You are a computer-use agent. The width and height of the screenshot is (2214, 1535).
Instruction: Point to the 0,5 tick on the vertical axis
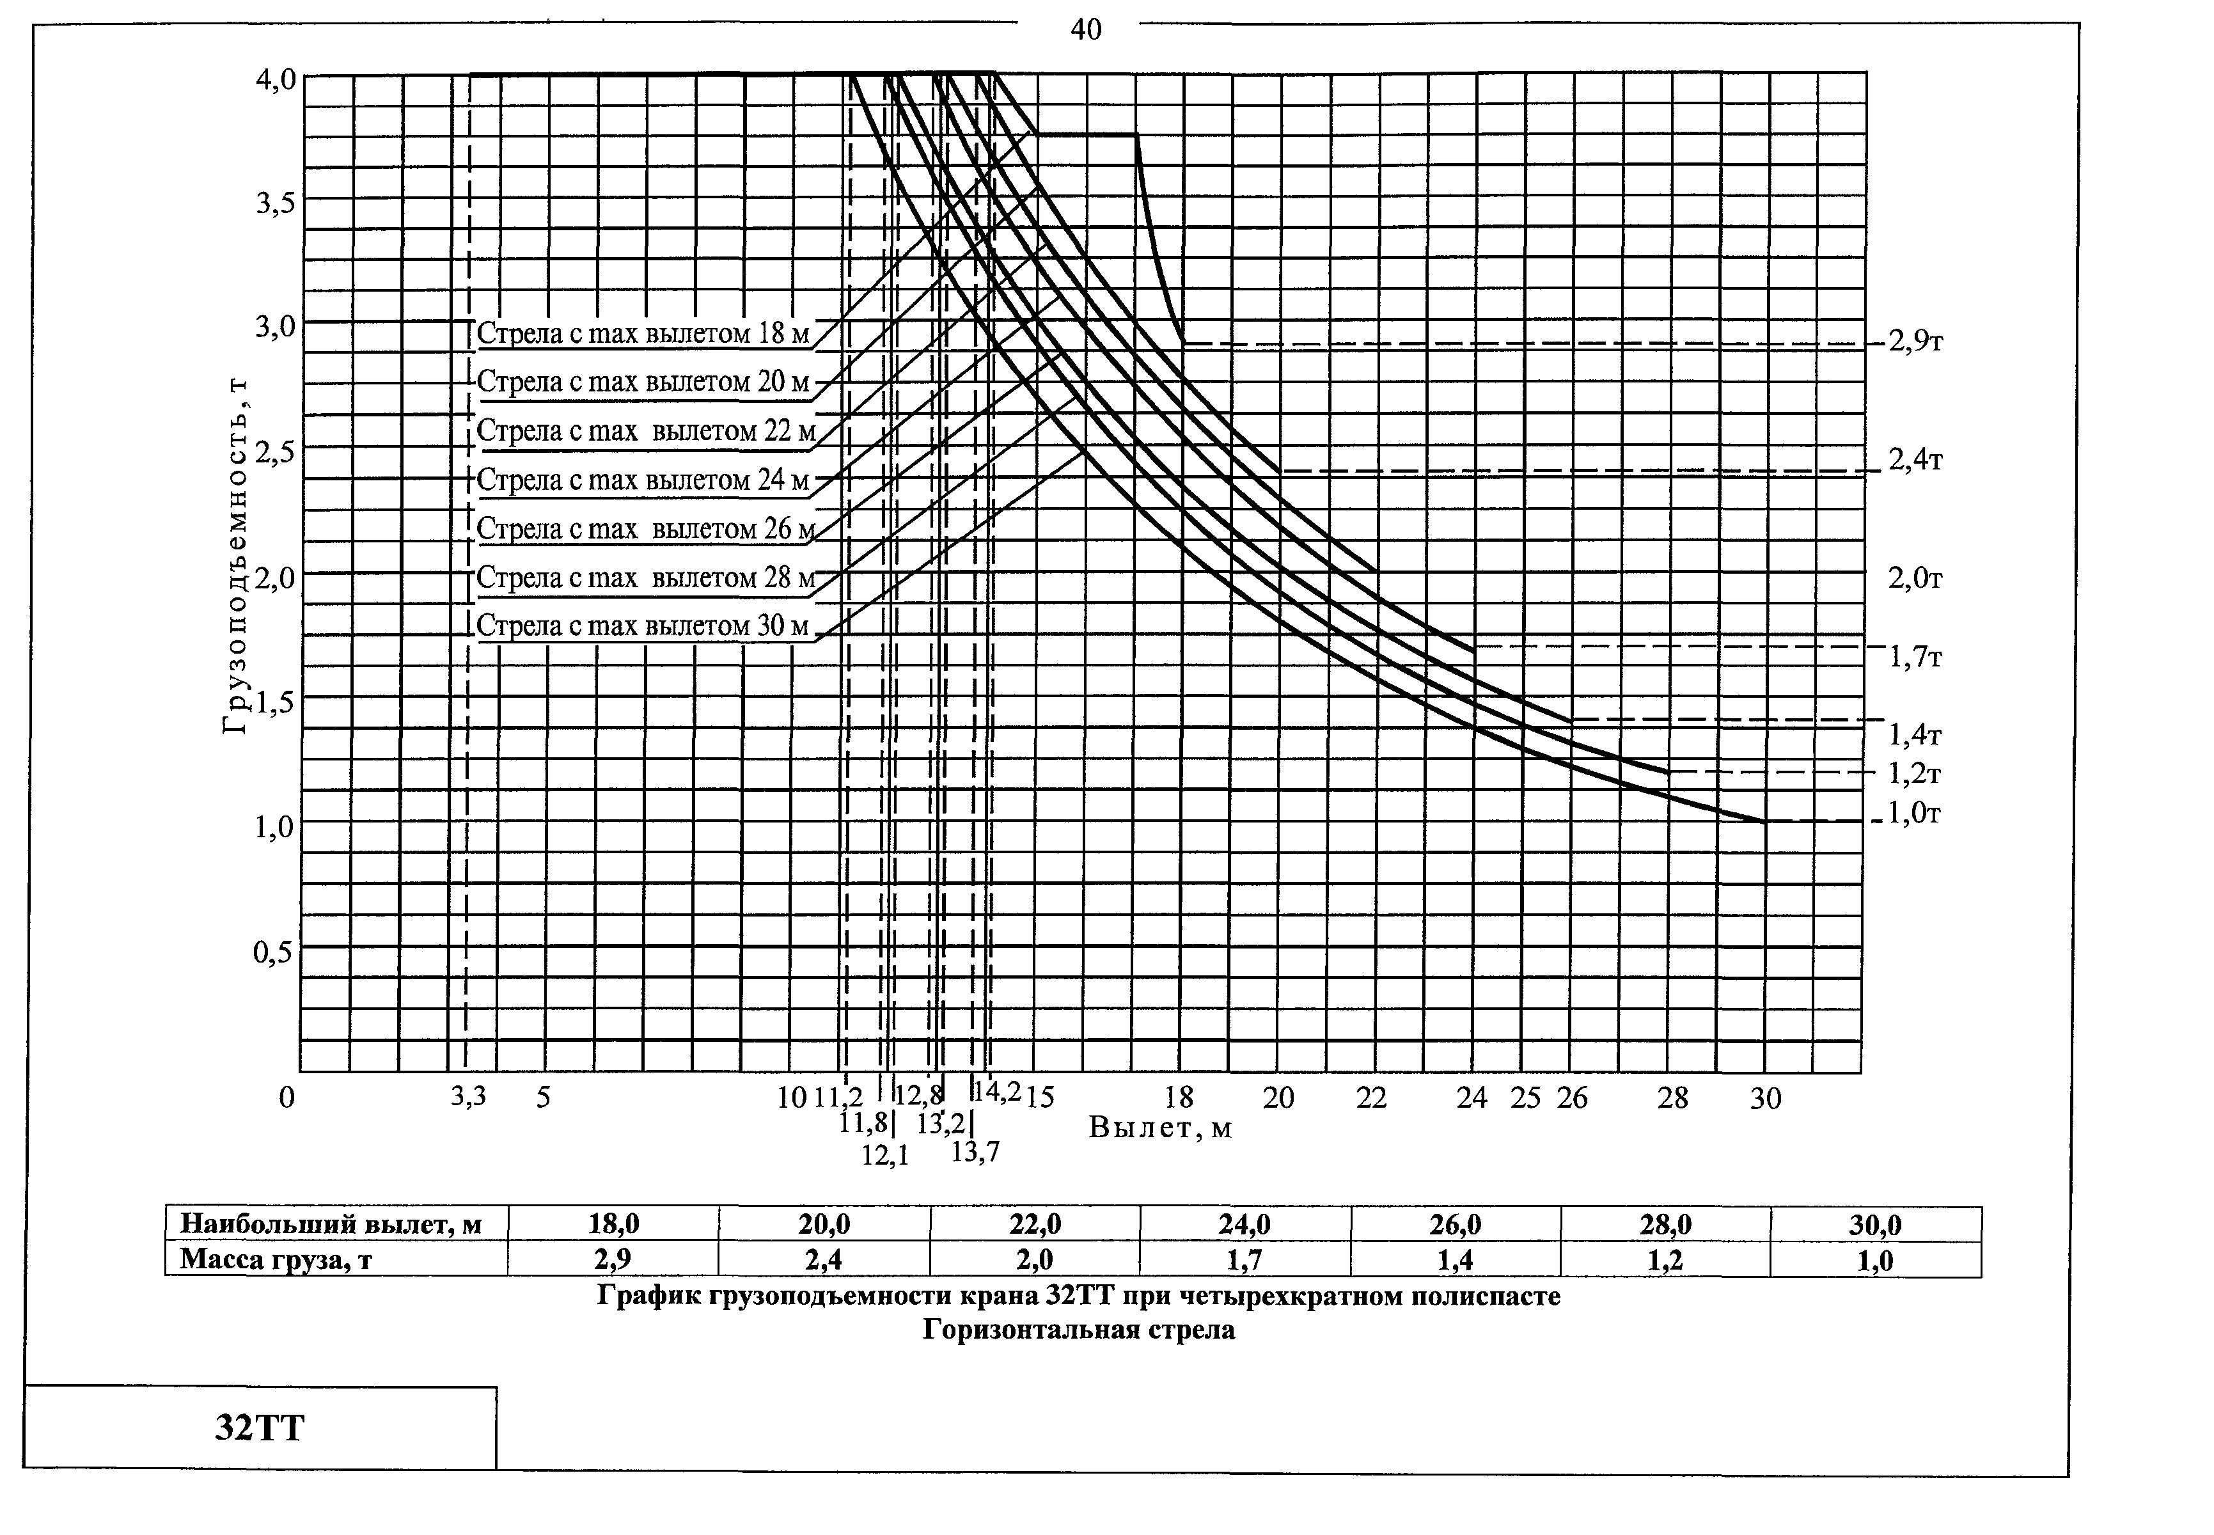pyautogui.click(x=274, y=952)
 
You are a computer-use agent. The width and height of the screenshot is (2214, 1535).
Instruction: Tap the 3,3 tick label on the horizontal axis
pyautogui.click(x=468, y=1096)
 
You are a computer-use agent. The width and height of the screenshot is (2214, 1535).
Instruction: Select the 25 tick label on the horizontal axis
pyautogui.click(x=1525, y=1098)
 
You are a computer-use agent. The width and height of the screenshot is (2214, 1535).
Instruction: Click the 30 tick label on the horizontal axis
pyautogui.click(x=1766, y=1098)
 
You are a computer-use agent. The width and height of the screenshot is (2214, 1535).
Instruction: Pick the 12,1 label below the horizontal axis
pyautogui.click(x=885, y=1155)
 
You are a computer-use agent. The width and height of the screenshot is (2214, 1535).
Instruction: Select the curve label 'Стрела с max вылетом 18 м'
pyautogui.click(x=643, y=334)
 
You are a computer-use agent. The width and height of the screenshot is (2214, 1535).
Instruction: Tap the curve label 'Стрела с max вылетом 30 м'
pyautogui.click(x=643, y=626)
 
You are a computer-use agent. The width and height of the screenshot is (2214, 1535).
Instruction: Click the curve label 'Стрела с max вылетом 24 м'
pyautogui.click(x=643, y=479)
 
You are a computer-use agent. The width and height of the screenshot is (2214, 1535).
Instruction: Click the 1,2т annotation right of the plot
pyautogui.click(x=1915, y=773)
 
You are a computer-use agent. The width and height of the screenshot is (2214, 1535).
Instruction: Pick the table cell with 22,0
pyautogui.click(x=1035, y=1224)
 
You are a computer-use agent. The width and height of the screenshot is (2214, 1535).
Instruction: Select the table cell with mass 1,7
pyautogui.click(x=1244, y=1259)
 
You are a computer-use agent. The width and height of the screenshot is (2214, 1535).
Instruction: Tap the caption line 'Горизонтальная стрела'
pyautogui.click(x=1078, y=1330)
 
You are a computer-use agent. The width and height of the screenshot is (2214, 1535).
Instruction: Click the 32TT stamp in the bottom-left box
pyautogui.click(x=259, y=1428)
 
